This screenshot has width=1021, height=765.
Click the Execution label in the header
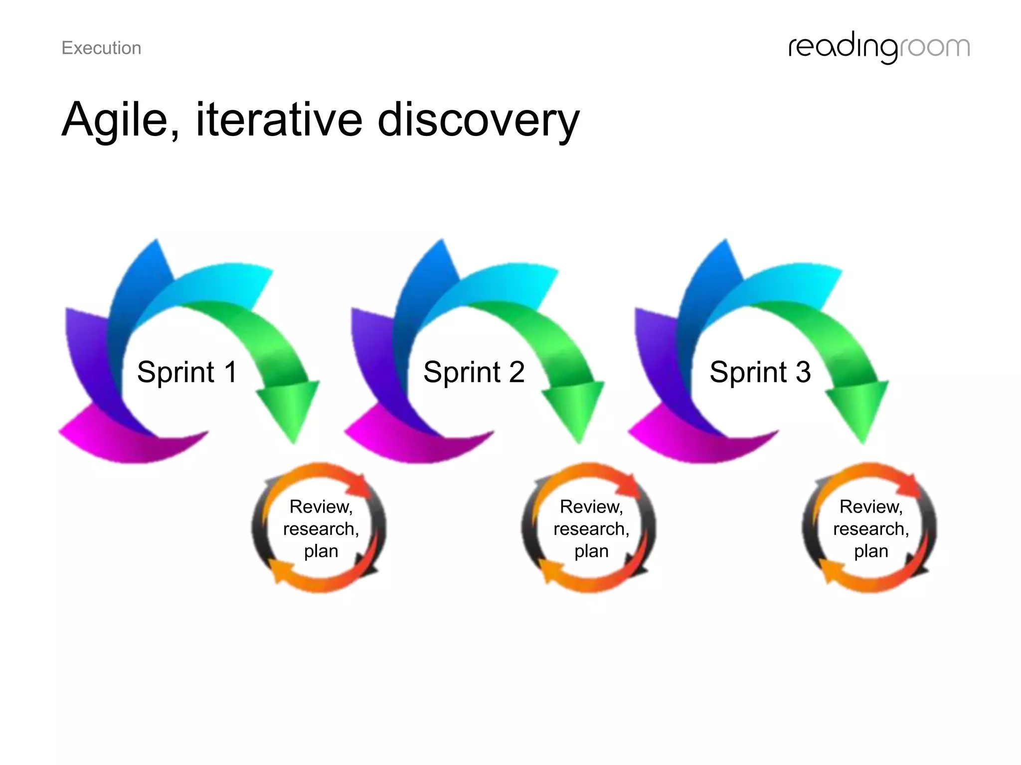101,48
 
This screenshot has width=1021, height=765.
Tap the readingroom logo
878,48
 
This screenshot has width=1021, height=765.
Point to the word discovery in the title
478,121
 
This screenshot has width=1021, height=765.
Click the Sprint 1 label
187,372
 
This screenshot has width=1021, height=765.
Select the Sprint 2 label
474,372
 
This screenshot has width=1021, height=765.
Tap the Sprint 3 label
760,372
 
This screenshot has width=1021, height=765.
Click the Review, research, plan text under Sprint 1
321,529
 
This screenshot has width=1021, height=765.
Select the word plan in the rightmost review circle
871,551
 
